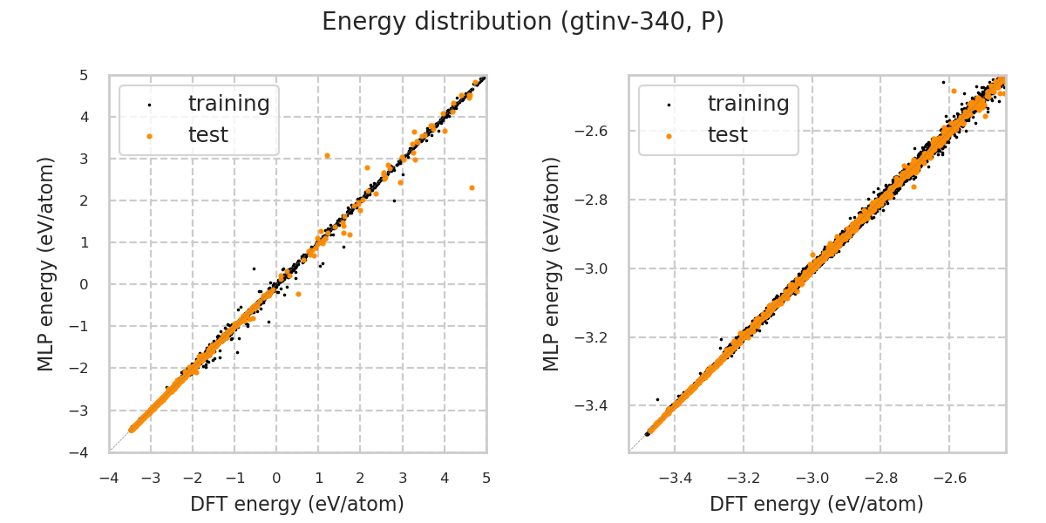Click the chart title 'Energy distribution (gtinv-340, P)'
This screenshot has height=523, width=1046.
[x=523, y=22]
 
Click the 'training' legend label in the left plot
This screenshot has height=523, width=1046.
[x=228, y=104]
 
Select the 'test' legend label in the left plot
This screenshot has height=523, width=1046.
[x=207, y=135]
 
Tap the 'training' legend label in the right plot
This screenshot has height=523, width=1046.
[x=748, y=104]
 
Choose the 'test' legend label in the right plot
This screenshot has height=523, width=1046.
[x=727, y=135]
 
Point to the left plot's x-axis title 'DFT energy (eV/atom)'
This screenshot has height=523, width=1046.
[x=297, y=504]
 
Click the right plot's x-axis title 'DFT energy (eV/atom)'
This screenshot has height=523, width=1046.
[x=817, y=504]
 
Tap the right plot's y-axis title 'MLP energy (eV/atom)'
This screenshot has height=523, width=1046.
[x=553, y=263]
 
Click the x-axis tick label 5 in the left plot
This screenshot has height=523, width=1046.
[x=486, y=478]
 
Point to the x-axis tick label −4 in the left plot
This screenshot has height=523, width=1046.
[x=109, y=478]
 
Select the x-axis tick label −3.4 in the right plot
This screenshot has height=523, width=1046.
[x=676, y=478]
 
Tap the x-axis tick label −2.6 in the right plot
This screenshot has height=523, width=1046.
[x=949, y=478]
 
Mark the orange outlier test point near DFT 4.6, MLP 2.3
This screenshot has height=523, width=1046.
[x=472, y=187]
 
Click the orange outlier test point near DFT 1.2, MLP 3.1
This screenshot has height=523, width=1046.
[x=327, y=155]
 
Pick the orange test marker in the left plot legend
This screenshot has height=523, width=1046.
[x=149, y=136]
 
